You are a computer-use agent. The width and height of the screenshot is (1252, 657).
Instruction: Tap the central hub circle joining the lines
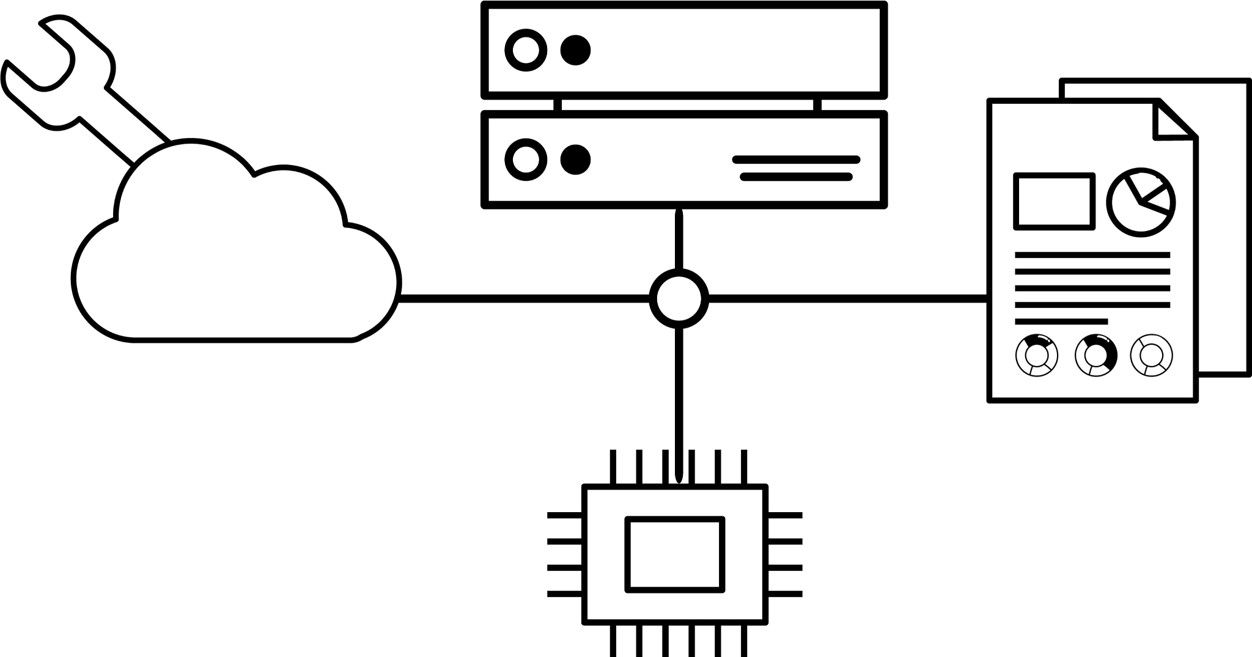point(679,299)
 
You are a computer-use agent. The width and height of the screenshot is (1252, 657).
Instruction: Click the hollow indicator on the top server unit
point(526,50)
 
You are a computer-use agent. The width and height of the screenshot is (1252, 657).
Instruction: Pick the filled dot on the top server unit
point(575,50)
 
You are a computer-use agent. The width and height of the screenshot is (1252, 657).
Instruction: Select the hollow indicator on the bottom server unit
point(526,160)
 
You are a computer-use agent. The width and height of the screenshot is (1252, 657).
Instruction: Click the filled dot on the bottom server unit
point(575,160)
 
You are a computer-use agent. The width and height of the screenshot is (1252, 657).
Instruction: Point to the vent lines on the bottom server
point(796,168)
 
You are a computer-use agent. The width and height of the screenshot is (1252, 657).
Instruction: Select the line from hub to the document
point(847,299)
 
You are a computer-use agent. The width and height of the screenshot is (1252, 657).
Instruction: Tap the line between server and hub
point(679,238)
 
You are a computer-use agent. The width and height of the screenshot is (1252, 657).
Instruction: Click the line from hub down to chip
point(679,397)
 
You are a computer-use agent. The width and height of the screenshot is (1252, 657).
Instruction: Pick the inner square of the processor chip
point(675,555)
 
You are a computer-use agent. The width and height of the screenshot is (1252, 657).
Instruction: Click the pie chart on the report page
point(1141,202)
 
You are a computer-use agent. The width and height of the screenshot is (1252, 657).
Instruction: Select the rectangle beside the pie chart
point(1055,201)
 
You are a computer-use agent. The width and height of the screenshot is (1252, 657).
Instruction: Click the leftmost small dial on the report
point(1037,354)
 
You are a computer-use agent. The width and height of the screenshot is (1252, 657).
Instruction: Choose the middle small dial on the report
point(1095,354)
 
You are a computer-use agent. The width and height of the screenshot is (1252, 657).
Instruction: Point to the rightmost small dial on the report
point(1152,354)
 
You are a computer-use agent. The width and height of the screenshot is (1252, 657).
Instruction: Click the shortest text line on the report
point(1061,321)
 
